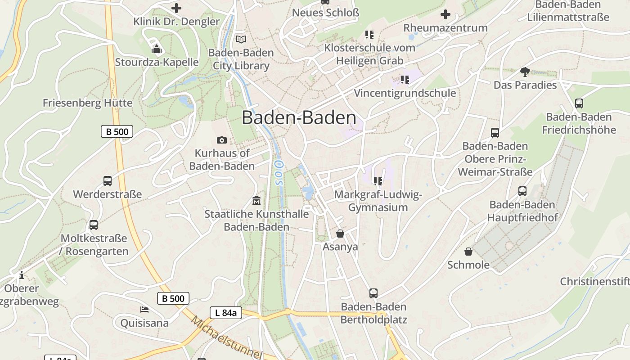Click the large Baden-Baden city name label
click(x=299, y=117)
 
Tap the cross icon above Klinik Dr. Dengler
click(x=176, y=8)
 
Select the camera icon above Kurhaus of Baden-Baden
click(x=221, y=140)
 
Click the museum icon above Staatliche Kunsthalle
click(x=256, y=200)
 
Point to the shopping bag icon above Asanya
click(x=340, y=234)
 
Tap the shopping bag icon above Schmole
click(x=468, y=251)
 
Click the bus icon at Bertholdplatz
click(x=373, y=293)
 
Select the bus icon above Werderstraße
click(x=107, y=181)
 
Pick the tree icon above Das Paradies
click(x=525, y=72)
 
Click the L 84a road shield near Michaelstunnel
click(x=226, y=313)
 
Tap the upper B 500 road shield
click(x=117, y=132)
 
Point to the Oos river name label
click(x=278, y=172)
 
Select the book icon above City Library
click(x=241, y=39)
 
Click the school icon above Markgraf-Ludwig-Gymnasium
click(x=378, y=181)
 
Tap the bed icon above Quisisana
click(x=144, y=310)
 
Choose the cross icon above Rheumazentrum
click(x=445, y=14)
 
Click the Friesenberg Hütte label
click(x=87, y=103)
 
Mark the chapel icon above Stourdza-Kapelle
click(x=156, y=49)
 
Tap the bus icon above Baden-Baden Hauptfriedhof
click(x=522, y=191)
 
